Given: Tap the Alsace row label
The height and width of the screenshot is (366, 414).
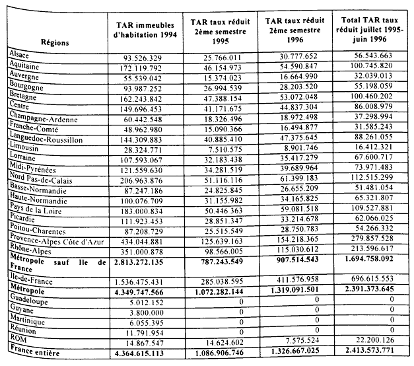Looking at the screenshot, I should (x=19, y=53).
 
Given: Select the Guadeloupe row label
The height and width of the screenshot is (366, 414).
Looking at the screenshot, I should (x=28, y=299).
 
